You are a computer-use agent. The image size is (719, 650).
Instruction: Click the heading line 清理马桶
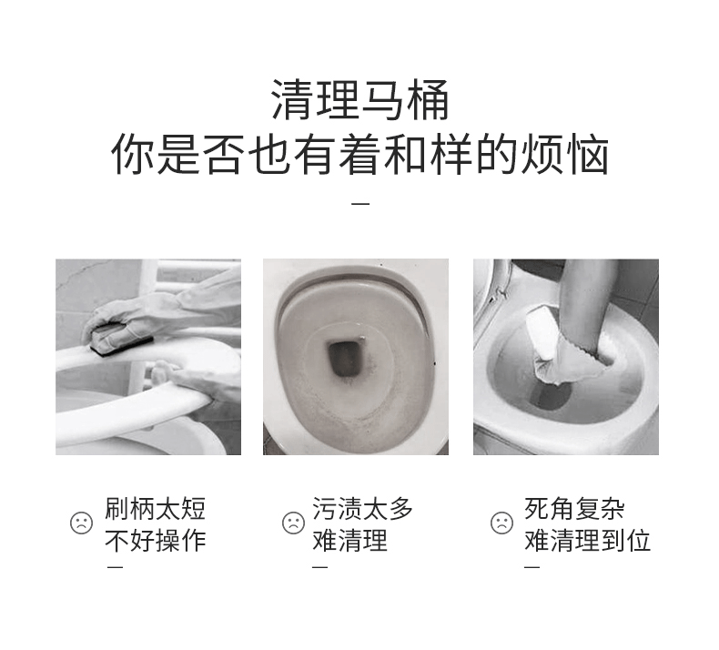359,99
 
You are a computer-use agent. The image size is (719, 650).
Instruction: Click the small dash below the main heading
360,203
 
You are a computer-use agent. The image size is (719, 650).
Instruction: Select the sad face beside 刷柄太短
81,523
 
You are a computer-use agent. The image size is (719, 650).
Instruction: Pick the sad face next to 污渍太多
293,523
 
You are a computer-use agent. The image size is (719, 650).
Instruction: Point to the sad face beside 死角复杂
501,523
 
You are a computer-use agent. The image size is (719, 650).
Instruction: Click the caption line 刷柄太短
155,508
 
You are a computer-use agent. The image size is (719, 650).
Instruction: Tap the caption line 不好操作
155,540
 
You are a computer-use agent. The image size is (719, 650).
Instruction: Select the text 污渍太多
363,508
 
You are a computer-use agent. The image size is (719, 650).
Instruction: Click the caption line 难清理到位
587,540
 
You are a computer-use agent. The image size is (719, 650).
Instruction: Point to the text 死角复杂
574,508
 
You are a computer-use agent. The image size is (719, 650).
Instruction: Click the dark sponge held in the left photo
122,339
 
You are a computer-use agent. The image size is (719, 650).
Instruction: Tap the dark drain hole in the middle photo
345,359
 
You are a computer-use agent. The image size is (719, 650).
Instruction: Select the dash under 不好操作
115,567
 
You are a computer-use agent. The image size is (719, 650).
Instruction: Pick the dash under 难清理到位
532,567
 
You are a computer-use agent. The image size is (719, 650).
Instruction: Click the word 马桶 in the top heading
404,99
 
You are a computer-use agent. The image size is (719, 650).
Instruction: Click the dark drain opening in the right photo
551,396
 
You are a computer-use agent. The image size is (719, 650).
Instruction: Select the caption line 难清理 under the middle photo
349,540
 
